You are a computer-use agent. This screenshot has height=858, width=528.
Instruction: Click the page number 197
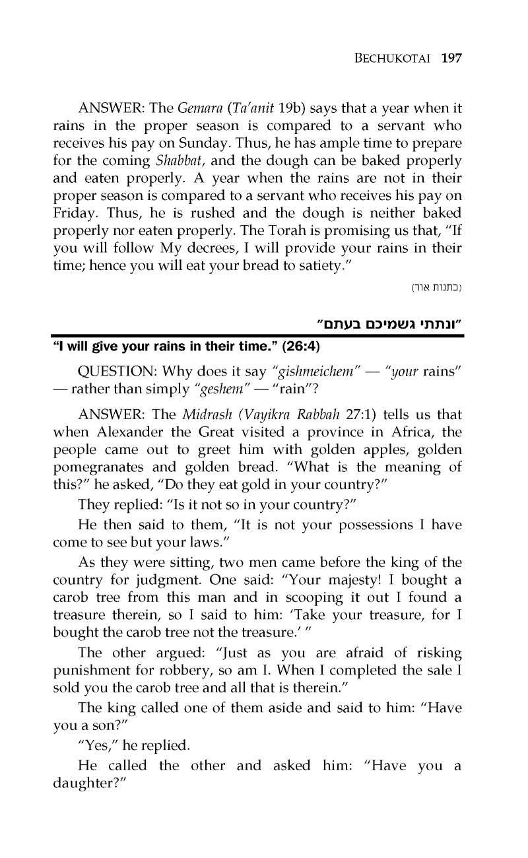(451, 58)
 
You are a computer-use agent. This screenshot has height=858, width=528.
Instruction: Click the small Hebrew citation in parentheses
(438, 287)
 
